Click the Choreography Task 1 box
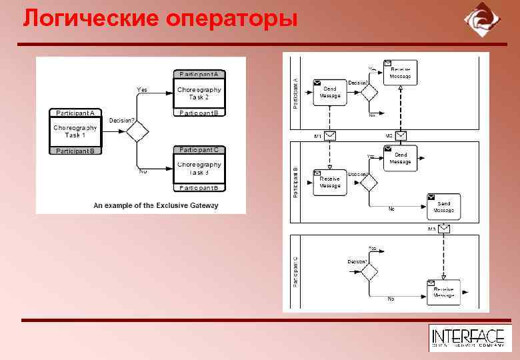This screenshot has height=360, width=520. pyautogui.click(x=75, y=131)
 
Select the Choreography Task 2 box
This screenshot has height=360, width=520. pyautogui.click(x=199, y=93)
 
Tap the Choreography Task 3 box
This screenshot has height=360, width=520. pyautogui.click(x=199, y=168)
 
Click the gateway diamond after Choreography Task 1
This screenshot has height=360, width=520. pyautogui.click(x=137, y=131)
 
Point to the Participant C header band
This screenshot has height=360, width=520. pyautogui.click(x=199, y=149)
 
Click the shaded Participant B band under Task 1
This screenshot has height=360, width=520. pyautogui.click(x=75, y=151)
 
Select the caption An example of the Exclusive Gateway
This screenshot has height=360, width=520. pyautogui.click(x=155, y=205)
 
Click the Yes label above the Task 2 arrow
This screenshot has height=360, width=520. pyautogui.click(x=142, y=89)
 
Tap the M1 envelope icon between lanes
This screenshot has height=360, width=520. pyautogui.click(x=330, y=135)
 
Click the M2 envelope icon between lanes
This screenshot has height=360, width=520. pyautogui.click(x=400, y=135)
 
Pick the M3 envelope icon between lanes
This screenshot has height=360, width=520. pyautogui.click(x=444, y=229)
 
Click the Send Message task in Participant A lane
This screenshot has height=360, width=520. pyautogui.click(x=330, y=92)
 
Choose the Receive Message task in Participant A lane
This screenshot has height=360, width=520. pyautogui.click(x=400, y=72)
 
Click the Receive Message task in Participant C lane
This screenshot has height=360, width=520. pyautogui.click(x=443, y=291)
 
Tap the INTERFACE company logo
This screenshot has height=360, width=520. pyautogui.click(x=467, y=338)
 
